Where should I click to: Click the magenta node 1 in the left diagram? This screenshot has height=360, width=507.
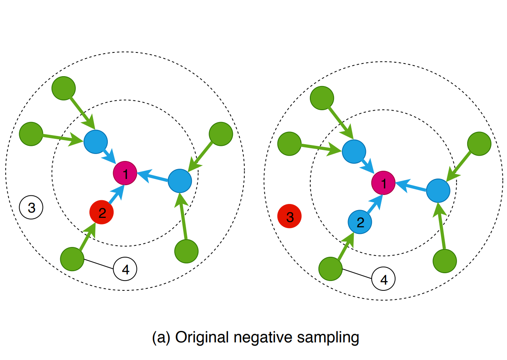[125, 174]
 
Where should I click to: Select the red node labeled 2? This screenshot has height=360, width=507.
[102, 212]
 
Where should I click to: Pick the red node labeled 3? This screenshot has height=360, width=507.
[290, 216]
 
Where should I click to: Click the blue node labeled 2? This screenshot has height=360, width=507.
[360, 222]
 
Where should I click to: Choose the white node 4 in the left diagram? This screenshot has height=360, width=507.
[125, 269]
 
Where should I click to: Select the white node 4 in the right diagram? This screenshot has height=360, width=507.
[384, 279]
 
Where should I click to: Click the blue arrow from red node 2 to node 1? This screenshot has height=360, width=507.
[116, 194]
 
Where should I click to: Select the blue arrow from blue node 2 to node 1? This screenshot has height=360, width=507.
[374, 203]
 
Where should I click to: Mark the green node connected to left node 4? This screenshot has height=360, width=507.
[72, 259]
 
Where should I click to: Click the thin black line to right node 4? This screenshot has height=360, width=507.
[357, 274]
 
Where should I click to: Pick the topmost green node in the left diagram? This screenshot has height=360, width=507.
[64, 88]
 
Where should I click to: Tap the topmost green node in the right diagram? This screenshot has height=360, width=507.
[322, 97]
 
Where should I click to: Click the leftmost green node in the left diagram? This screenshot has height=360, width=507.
[31, 134]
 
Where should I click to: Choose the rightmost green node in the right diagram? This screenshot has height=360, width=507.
[479, 144]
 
